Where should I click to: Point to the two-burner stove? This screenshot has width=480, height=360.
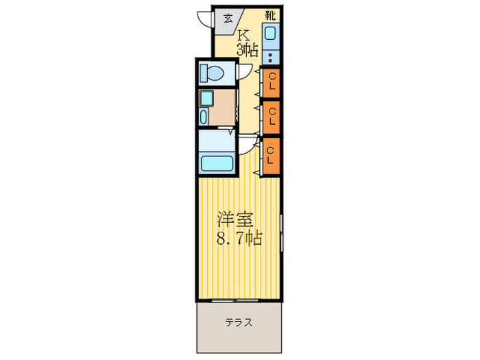pyautogui.click(x=272, y=57)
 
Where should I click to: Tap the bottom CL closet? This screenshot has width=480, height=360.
pyautogui.click(x=271, y=155)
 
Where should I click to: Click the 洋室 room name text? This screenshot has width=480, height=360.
pyautogui.click(x=235, y=221)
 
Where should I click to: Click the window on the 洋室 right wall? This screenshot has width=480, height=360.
pyautogui.click(x=283, y=233)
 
